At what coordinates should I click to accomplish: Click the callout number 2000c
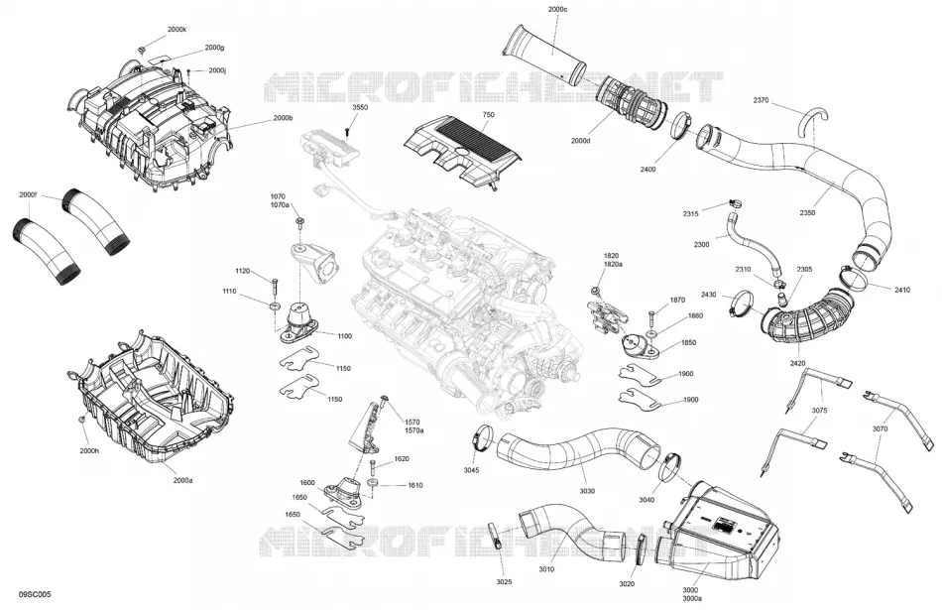[x=557, y=10]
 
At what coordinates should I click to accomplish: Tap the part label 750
[x=488, y=114]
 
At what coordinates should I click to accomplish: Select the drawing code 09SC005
[x=35, y=594]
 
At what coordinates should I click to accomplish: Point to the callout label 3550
[x=361, y=107]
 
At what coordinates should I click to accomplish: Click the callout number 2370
[x=761, y=100]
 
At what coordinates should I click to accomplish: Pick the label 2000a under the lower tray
[x=182, y=480]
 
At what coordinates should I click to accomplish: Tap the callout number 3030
[x=587, y=491]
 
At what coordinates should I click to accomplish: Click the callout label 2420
[x=797, y=363]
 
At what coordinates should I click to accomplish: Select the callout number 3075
[x=819, y=411]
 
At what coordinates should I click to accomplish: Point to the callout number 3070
[x=881, y=429]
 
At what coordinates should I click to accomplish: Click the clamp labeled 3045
[x=483, y=436]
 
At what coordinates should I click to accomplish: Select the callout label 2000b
[x=283, y=118]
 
